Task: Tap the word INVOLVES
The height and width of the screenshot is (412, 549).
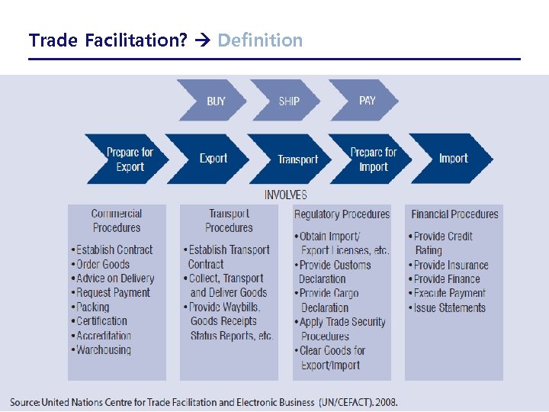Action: pos(286,195)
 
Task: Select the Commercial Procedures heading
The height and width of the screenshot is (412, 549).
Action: pos(117,220)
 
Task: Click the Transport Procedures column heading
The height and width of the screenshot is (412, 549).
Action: pos(229,220)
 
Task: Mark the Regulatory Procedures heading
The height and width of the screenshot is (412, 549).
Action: pos(342,214)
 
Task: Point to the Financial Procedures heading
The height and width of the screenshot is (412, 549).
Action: pos(454,214)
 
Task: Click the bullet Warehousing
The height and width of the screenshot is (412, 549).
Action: pos(104,350)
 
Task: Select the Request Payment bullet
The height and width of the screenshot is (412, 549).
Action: pos(114,293)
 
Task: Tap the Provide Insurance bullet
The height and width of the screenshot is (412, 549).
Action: pos(451,266)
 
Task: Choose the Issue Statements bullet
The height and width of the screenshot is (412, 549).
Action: pos(449,308)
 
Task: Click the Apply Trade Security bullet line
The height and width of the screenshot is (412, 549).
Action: pos(343,322)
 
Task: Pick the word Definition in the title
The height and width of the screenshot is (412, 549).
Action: pos(260,40)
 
